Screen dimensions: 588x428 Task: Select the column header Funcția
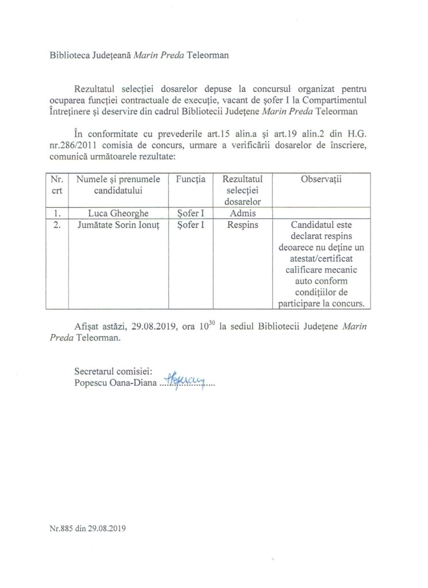pos(190,180)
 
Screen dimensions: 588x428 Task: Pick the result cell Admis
pos(242,213)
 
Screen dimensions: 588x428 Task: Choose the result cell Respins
pos(242,225)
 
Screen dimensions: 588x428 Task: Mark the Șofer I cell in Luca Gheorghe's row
pos(190,213)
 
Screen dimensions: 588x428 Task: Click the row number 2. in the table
pos(56,225)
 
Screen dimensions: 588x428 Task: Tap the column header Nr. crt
pos(56,185)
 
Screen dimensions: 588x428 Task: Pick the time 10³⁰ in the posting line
pos(215,326)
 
